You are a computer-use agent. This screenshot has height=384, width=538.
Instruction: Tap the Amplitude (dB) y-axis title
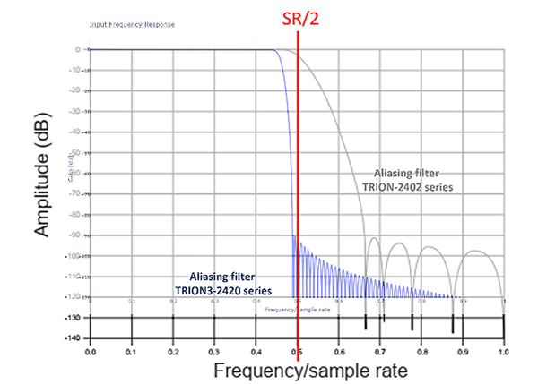point(44,180)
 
